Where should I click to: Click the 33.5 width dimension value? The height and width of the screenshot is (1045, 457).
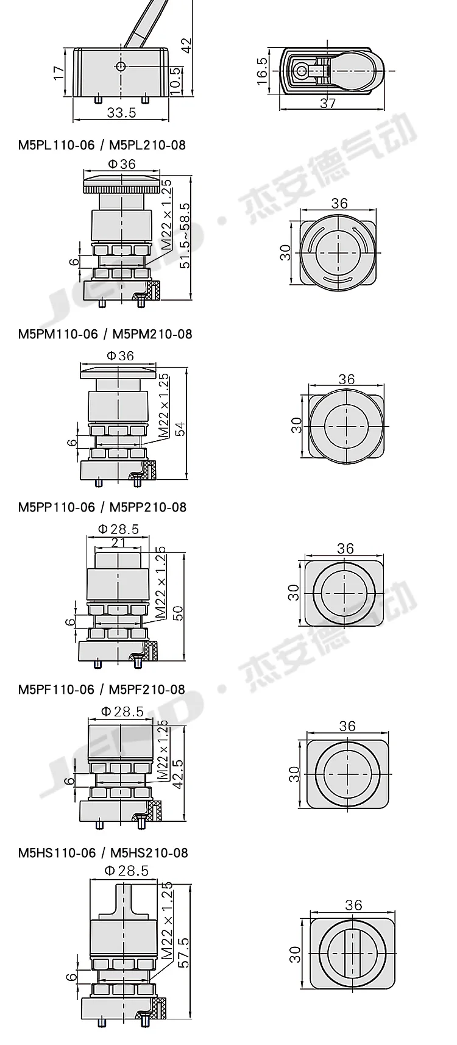click(121, 112)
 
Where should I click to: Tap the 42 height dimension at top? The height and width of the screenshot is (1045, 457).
click(186, 45)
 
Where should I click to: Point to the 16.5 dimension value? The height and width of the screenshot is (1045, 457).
click(262, 71)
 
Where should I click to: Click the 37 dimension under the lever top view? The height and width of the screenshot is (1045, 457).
click(328, 103)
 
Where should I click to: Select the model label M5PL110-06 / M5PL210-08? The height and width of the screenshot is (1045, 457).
click(102, 145)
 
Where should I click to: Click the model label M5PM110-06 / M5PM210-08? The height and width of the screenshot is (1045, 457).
click(105, 334)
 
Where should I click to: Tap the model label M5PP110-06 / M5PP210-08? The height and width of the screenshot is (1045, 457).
click(102, 507)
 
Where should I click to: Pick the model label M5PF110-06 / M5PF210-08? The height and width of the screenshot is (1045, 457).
click(102, 689)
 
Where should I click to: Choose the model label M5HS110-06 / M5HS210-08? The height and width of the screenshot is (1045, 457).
click(103, 853)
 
